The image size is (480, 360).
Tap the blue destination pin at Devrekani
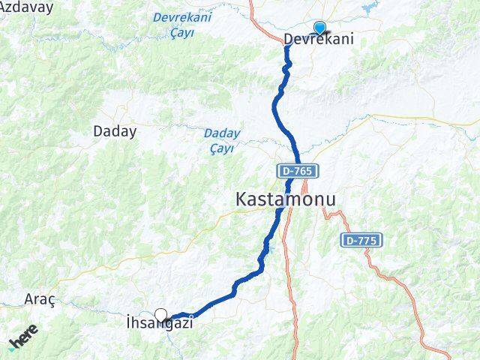click(x=319, y=28)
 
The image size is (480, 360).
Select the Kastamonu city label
click(x=286, y=199)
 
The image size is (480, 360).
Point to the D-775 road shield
click(x=362, y=241)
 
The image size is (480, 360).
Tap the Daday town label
click(x=115, y=131)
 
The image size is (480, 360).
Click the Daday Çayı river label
click(x=222, y=140)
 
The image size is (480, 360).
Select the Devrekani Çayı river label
click(x=181, y=25)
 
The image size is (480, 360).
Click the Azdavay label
click(x=26, y=7)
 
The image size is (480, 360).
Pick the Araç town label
click(x=40, y=299)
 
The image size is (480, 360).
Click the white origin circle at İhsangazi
click(x=160, y=315)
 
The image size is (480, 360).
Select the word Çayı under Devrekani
click(x=181, y=32)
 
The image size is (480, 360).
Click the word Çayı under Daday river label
click(x=222, y=148)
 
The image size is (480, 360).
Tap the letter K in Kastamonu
click(x=242, y=199)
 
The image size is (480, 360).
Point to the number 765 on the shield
click(x=303, y=171)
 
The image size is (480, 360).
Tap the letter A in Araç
click(x=30, y=299)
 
